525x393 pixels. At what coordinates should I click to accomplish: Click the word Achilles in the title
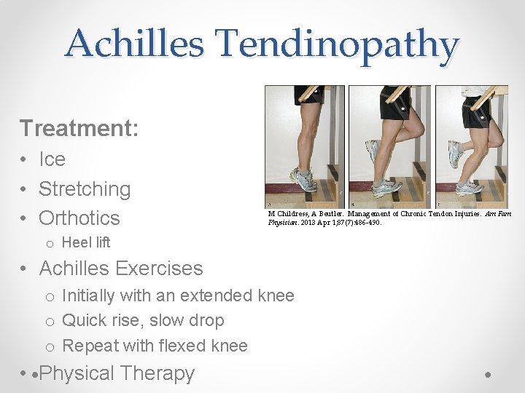tap(134, 44)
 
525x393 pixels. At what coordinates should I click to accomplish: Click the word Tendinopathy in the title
tap(335, 44)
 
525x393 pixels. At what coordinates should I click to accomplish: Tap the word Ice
tap(52, 159)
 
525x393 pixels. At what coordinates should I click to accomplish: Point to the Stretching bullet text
tap(85, 189)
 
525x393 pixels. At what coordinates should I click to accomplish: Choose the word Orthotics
tap(79, 218)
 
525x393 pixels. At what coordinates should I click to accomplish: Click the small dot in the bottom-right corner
tap(487, 375)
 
